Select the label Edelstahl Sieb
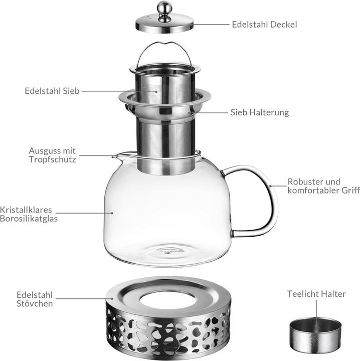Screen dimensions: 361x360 52,91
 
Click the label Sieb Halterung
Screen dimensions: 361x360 259,112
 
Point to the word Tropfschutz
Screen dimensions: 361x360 53,160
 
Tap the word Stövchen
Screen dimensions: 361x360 35,303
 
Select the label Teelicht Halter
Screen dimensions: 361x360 316,294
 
